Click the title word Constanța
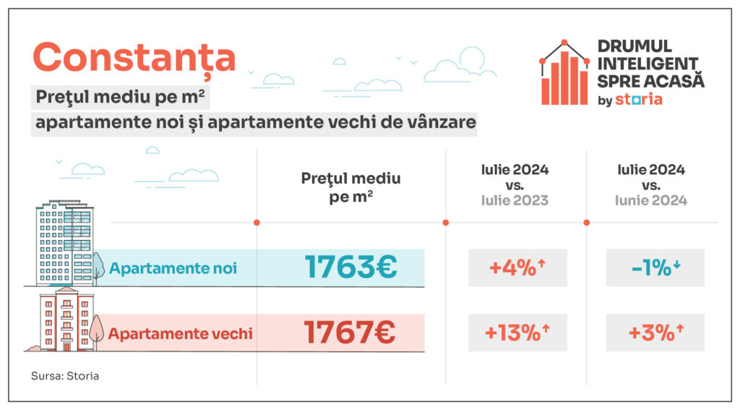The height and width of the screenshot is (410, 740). tap(134, 57)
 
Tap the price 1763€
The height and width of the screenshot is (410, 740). tap(350, 268)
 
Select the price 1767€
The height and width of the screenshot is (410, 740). tap(350, 333)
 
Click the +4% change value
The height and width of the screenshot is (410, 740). tap(517, 268)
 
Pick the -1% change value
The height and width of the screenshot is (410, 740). tap(655, 268)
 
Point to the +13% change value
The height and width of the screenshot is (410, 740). tap(517, 333)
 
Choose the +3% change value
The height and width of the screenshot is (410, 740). tap(655, 333)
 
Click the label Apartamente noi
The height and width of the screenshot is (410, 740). tap(173, 268)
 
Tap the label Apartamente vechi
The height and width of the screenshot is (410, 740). tap(180, 333)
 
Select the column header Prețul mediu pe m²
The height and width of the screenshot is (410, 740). tap(350, 187)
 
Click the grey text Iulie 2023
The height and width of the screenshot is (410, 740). tap(515, 200)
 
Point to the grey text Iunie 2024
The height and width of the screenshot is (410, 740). tap(651, 200)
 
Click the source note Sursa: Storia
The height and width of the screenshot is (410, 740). tap(65, 376)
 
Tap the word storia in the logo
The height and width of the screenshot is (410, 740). tap(638, 99)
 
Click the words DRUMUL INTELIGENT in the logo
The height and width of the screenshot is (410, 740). tap(647, 55)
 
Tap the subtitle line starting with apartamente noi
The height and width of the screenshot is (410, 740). tap(256, 122)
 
